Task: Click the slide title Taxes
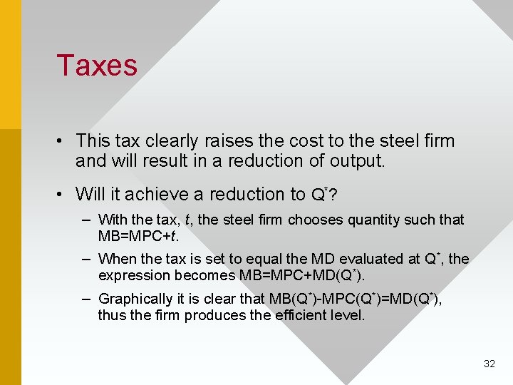[x=97, y=66]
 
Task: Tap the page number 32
[x=489, y=364]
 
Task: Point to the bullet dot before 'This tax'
[x=63, y=141]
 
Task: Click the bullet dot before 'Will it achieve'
[x=63, y=194]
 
